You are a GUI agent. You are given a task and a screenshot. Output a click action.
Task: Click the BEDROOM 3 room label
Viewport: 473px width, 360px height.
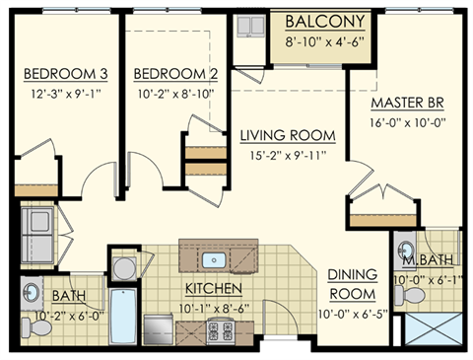pos(64,74)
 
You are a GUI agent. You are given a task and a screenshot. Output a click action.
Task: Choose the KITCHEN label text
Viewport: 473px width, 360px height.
pos(214,288)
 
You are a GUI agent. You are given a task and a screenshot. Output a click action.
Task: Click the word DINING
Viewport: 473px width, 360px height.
pos(352,275)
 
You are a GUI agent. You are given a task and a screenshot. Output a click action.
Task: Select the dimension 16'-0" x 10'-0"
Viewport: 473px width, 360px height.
pos(409,122)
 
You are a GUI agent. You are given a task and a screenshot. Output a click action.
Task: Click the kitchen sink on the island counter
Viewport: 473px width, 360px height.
pos(216,260)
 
